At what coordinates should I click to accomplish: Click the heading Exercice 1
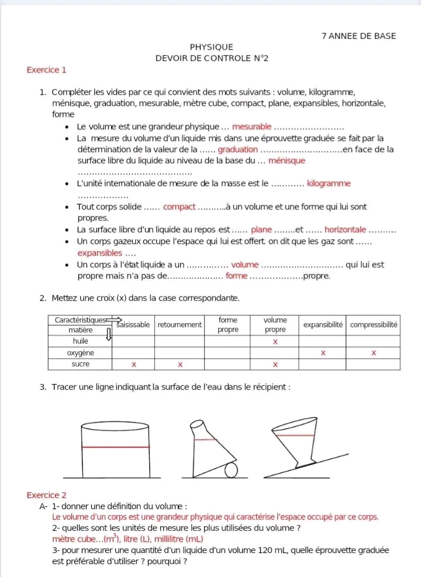pyautogui.click(x=46, y=70)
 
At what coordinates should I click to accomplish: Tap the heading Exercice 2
pyautogui.click(x=46, y=494)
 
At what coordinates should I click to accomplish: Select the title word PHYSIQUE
pyautogui.click(x=211, y=47)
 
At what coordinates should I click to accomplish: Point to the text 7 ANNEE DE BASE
pyautogui.click(x=358, y=36)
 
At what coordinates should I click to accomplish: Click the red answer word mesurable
pyautogui.click(x=252, y=126)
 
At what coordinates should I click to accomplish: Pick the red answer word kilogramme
pyautogui.click(x=329, y=184)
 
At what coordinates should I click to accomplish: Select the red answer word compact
pyautogui.click(x=180, y=207)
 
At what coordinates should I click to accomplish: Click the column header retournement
pyautogui.click(x=180, y=324)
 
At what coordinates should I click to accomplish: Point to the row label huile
pyautogui.click(x=80, y=340)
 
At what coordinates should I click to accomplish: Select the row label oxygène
pyautogui.click(x=80, y=353)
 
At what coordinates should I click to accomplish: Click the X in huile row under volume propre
pyautogui.click(x=275, y=341)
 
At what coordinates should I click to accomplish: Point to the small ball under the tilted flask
pyautogui.click(x=232, y=470)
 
